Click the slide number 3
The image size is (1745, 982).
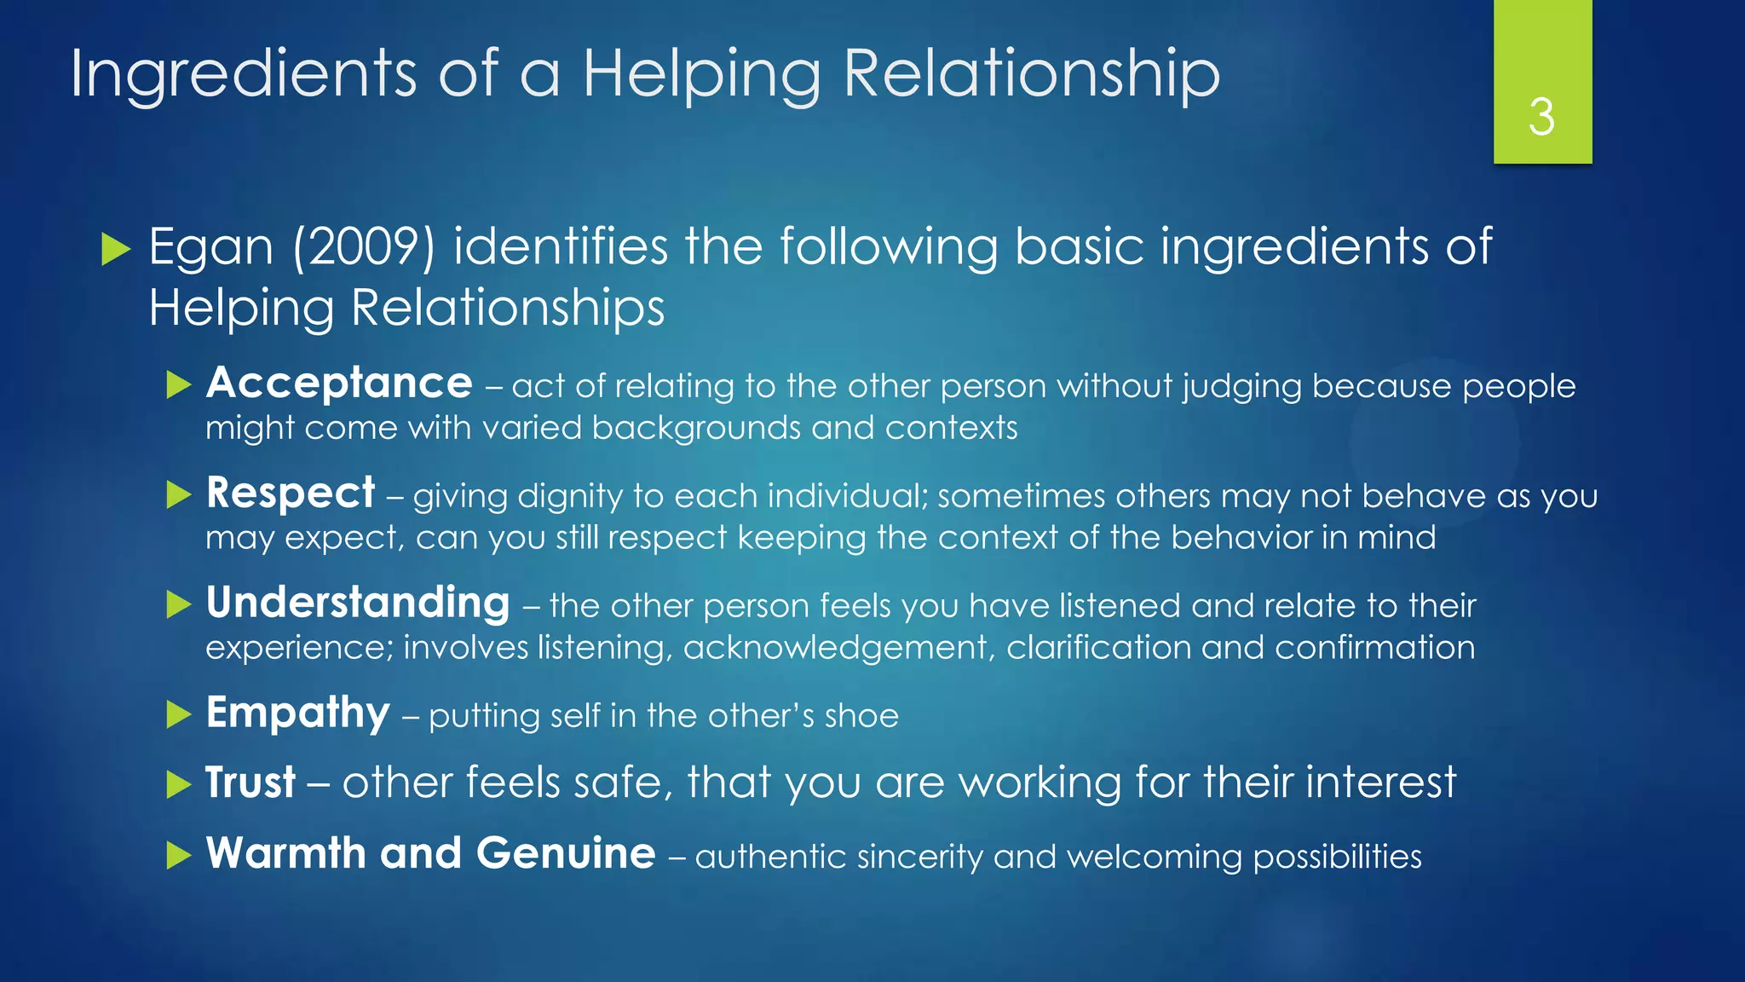pyautogui.click(x=1541, y=117)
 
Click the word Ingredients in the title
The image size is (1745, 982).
pyautogui.click(x=243, y=75)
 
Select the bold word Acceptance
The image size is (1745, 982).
pyautogui.click(x=339, y=383)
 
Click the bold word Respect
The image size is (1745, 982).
pyautogui.click(x=291, y=493)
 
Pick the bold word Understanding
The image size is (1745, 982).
pyautogui.click(x=358, y=603)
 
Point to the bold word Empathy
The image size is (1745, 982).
pyautogui.click(x=297, y=713)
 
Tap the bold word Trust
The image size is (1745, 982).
pyautogui.click(x=251, y=783)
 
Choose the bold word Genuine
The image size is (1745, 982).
pyautogui.click(x=566, y=853)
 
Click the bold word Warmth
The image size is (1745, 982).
pyautogui.click(x=285, y=853)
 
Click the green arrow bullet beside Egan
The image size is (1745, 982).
pyautogui.click(x=116, y=249)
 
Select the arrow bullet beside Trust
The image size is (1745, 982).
pyautogui.click(x=179, y=784)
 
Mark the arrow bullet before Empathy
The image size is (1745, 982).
pyautogui.click(x=179, y=714)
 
